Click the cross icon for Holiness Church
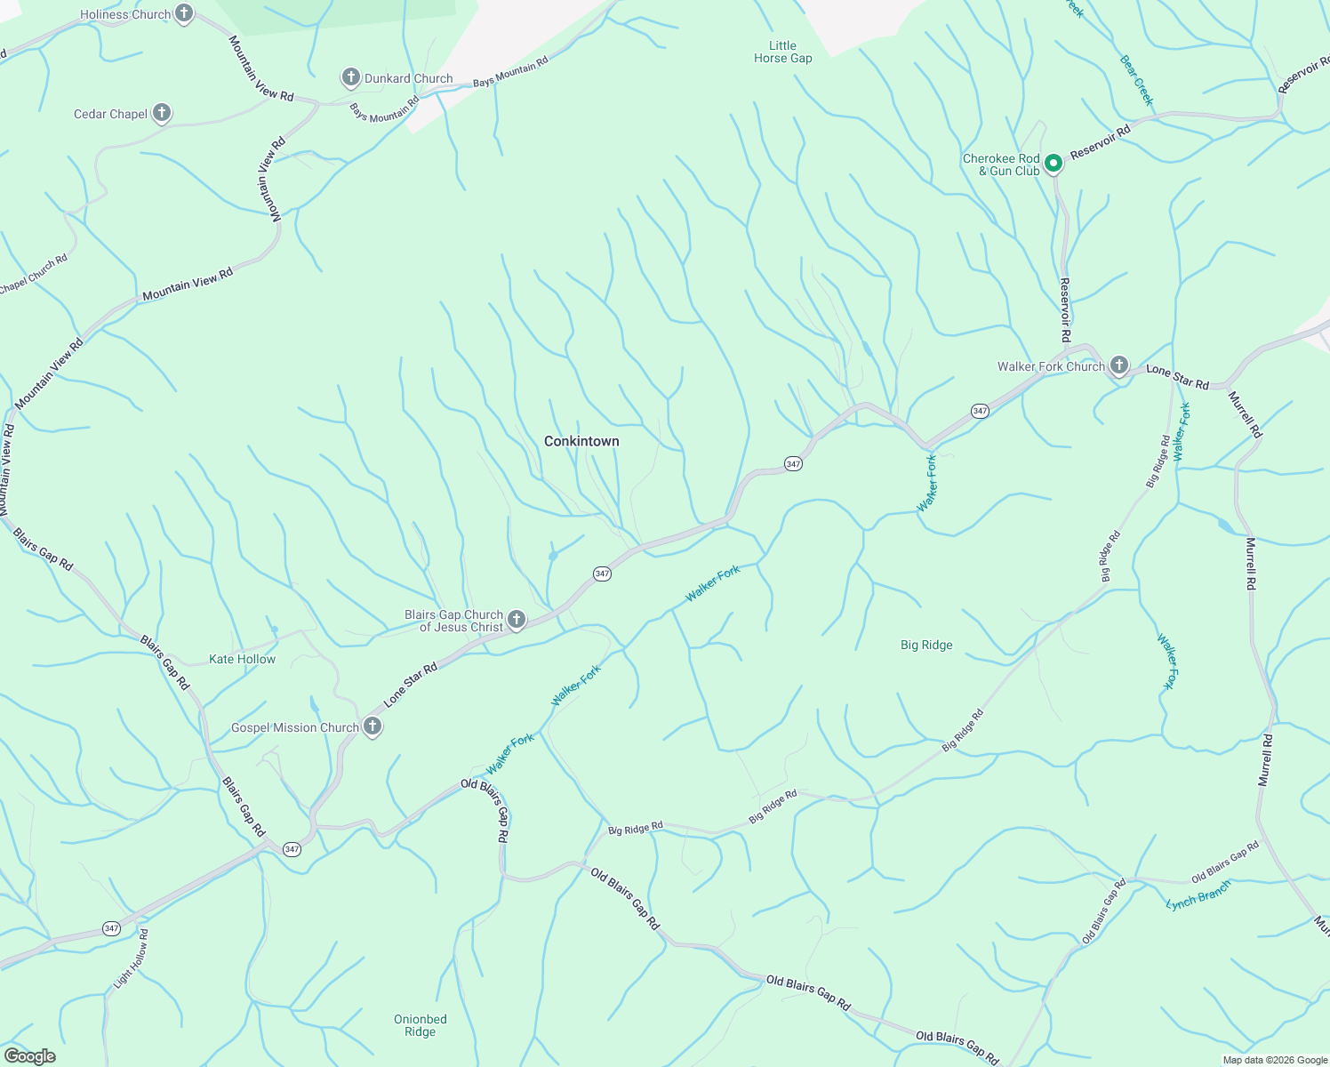coord(184,13)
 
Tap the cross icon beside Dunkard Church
coord(351,77)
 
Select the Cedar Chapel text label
coord(110,114)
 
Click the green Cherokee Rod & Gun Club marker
coord(1054,163)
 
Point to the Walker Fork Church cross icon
coord(1119,365)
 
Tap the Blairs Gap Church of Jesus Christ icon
coord(517,619)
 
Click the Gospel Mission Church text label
coord(294,727)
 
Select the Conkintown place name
coord(581,441)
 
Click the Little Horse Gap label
coord(782,52)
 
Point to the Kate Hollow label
coord(242,659)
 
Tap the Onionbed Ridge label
coord(421,1025)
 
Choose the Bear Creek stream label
coord(1136,80)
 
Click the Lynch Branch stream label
coord(1198,895)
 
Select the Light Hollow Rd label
coord(131,959)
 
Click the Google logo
coord(29,1056)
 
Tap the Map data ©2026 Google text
coord(1273,1060)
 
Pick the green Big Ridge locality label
coord(926,645)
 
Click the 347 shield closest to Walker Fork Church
coord(980,411)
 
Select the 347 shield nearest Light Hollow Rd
coord(111,928)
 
